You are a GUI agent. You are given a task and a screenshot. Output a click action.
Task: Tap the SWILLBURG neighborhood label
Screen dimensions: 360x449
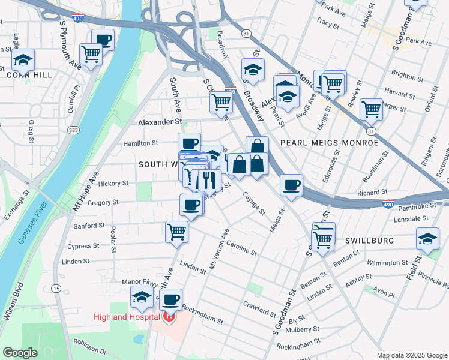369,240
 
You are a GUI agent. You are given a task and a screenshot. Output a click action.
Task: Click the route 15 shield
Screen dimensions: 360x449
56,289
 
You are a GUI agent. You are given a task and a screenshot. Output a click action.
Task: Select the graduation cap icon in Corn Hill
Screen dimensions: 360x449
23,60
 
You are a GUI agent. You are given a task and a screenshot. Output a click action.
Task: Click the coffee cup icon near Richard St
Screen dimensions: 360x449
292,185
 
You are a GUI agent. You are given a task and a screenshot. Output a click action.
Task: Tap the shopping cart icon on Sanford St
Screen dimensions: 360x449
176,230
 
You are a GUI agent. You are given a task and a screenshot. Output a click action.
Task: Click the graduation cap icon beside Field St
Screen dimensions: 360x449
427,238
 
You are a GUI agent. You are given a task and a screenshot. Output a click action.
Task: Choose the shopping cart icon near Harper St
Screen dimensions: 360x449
372,109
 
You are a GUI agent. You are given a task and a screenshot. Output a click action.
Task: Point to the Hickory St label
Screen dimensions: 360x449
117,183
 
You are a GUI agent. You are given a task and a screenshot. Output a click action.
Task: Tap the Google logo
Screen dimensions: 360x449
20,353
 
